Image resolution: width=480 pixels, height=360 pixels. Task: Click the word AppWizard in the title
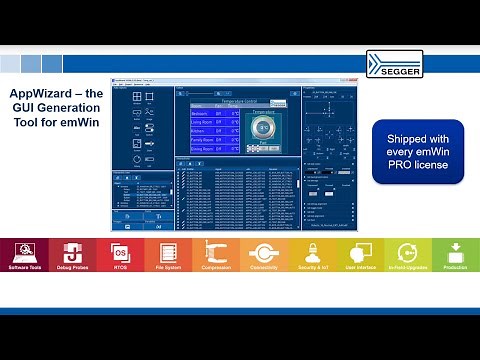click(x=38, y=93)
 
